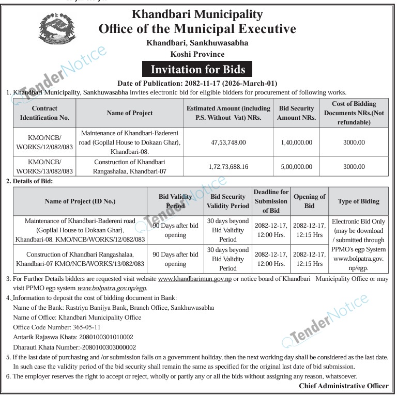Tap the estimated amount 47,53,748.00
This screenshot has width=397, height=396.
[228, 142]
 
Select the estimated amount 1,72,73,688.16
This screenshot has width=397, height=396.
[228, 167]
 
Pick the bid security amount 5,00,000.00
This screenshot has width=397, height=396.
[296, 167]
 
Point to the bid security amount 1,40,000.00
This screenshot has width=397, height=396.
[296, 142]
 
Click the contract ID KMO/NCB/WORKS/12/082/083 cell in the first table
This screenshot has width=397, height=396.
[44, 142]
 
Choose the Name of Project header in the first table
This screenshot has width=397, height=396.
[130, 113]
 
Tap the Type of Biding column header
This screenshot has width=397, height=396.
[358, 201]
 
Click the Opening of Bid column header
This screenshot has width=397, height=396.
[309, 201]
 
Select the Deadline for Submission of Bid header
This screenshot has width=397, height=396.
[271, 201]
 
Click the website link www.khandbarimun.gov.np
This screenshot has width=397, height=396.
[195, 279]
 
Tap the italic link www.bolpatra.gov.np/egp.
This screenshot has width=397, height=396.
[112, 288]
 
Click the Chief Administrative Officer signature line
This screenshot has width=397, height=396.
[343, 386]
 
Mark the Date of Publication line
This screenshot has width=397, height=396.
[197, 83]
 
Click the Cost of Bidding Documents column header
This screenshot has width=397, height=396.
[354, 113]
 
